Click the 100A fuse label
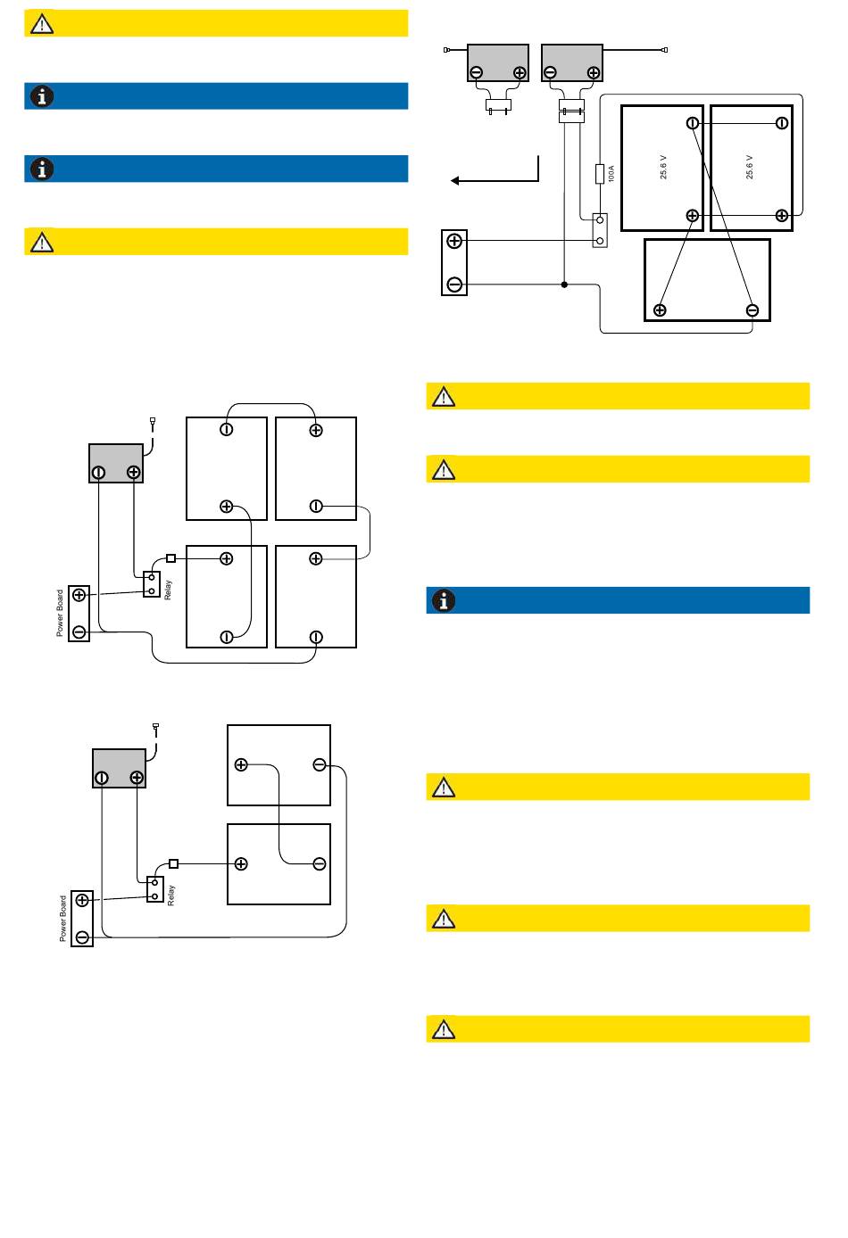coord(611,174)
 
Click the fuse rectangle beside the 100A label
coord(600,174)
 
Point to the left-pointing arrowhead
coord(454,180)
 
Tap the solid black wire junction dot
coord(564,285)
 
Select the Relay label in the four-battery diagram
coord(168,590)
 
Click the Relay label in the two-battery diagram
coord(170,895)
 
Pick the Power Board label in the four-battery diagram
coord(60,613)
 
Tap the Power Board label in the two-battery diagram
coord(63,919)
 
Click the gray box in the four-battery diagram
coord(116,463)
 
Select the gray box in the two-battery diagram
coord(119,768)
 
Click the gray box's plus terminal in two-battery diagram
coord(137,778)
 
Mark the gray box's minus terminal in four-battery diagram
coord(98,473)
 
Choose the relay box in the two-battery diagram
coord(155,889)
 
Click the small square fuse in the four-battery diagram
coord(170,558)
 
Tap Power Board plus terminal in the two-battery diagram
coord(82,900)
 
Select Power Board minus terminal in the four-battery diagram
coord(79,631)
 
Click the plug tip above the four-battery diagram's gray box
coord(153,421)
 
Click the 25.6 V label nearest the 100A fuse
coord(663,167)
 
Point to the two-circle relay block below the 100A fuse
coord(600,230)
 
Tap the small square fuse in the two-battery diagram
coord(174,863)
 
